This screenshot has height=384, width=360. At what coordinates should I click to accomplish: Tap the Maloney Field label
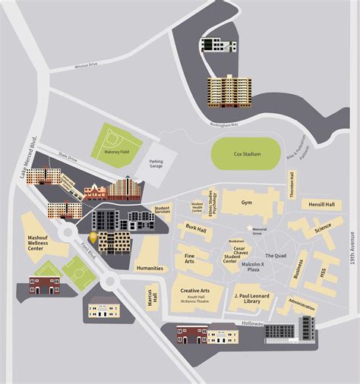(x=115, y=151)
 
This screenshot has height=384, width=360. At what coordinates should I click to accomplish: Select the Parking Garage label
(x=156, y=165)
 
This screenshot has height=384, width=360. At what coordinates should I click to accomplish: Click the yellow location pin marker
(x=93, y=238)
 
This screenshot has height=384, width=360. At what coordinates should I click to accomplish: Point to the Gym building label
(x=246, y=203)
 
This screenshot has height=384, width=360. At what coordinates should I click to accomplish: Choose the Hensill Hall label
(x=321, y=204)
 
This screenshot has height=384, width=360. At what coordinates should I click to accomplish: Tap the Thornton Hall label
(x=292, y=182)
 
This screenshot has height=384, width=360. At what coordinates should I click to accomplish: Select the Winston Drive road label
(x=87, y=66)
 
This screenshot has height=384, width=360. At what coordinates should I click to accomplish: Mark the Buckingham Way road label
(x=224, y=124)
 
